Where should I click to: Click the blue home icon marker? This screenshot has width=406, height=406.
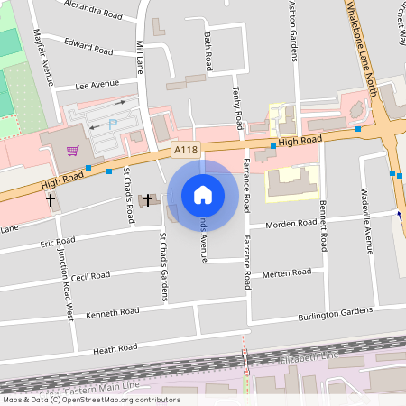pos(203,194)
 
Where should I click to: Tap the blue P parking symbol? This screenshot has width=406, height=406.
pos(113,124)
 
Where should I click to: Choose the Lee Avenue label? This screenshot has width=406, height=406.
pos(98,85)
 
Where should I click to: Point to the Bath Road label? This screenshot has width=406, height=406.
pos(208,51)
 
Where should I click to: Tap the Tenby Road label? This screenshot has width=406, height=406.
pos(237,106)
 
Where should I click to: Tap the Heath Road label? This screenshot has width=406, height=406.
pos(115,346)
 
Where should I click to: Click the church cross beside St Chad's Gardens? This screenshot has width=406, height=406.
pos(148,198)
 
